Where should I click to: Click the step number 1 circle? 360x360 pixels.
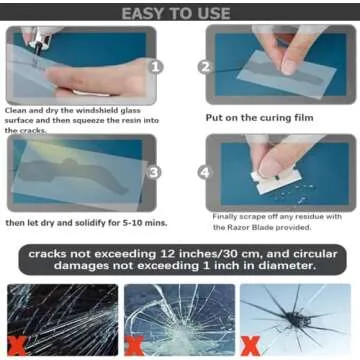[156, 68]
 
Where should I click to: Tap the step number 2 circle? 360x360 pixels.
[205, 67]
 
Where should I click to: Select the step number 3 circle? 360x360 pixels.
[155, 172]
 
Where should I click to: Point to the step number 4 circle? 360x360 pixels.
[204, 172]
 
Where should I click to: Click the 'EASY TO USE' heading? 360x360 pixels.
[180, 12]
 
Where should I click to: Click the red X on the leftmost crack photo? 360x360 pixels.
[17, 345]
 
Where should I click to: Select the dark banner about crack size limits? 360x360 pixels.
[180, 261]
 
